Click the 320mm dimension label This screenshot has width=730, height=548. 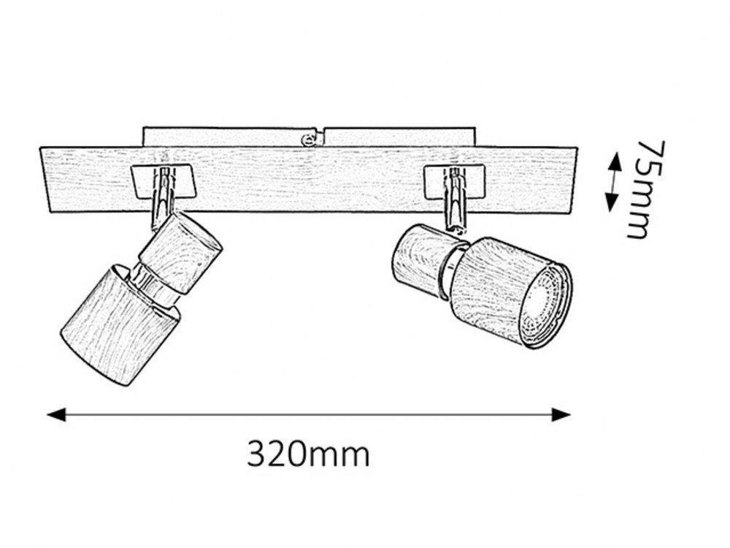308,454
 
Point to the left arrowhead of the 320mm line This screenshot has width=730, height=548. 57,414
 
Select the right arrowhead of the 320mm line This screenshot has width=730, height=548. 561,414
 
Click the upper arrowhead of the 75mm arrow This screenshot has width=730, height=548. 615,161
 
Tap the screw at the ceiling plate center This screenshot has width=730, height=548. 308,139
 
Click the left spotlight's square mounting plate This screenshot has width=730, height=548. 163,180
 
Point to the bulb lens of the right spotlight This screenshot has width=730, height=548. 545,306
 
